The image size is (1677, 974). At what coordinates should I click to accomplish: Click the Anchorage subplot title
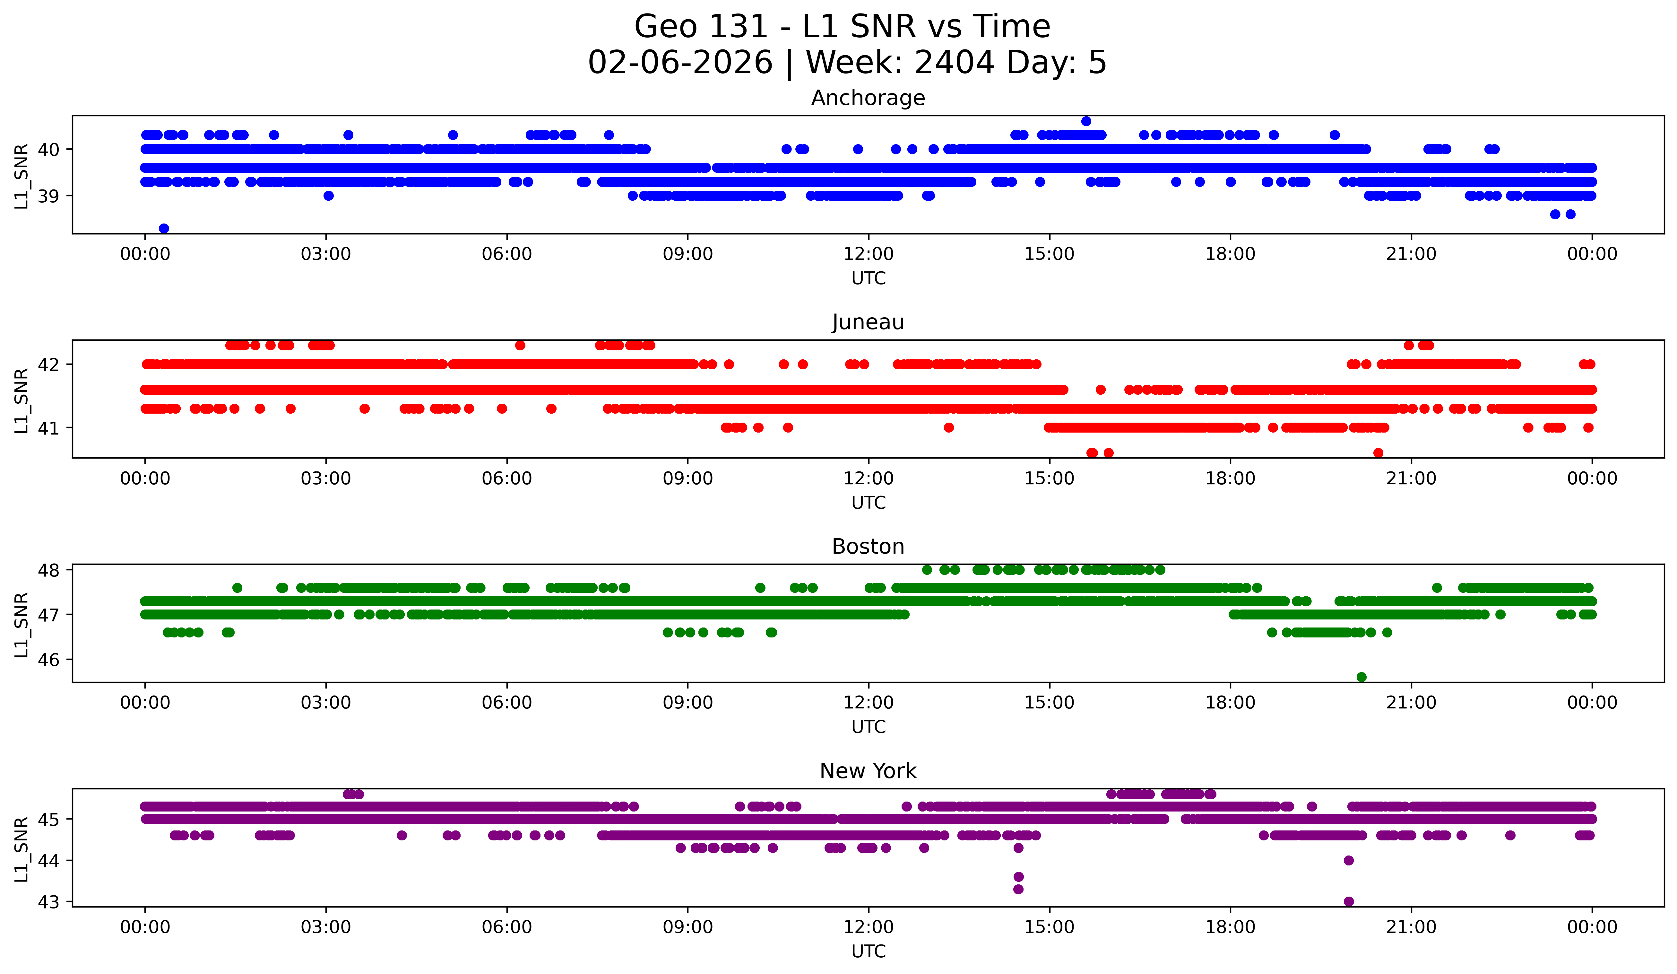coord(868,98)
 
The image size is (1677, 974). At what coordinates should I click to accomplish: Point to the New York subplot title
coord(868,771)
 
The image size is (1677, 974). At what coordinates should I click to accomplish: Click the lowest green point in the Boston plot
coord(1361,677)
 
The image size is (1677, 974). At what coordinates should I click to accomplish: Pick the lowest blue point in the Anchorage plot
coord(164,228)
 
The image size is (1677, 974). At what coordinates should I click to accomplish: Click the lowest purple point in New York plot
coord(1349,901)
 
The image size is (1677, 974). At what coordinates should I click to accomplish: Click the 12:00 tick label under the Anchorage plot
coord(869,254)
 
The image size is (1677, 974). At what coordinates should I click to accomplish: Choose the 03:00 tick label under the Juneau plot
coord(326,478)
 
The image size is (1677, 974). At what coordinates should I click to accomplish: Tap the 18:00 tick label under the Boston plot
coord(1231,702)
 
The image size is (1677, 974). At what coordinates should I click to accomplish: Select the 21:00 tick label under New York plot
coord(1412,927)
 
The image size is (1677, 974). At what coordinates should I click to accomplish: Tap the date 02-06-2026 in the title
coord(680,63)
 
